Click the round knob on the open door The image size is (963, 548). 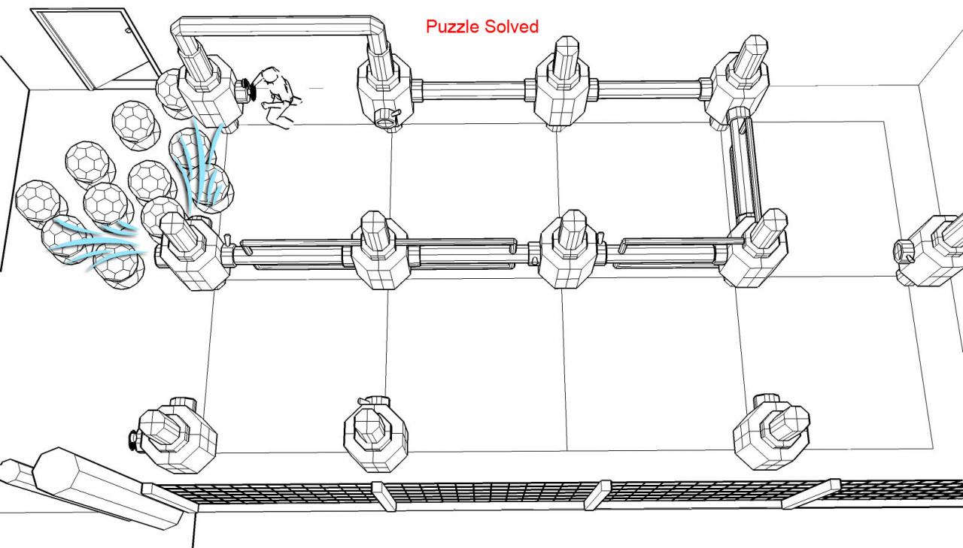(x=128, y=31)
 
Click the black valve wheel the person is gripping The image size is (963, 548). (x=249, y=90)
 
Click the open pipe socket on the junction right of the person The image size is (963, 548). (x=385, y=119)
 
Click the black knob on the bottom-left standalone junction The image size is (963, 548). (x=134, y=441)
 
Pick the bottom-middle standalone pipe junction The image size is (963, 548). (x=375, y=433)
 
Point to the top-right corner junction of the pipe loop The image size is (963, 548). (x=737, y=82)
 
